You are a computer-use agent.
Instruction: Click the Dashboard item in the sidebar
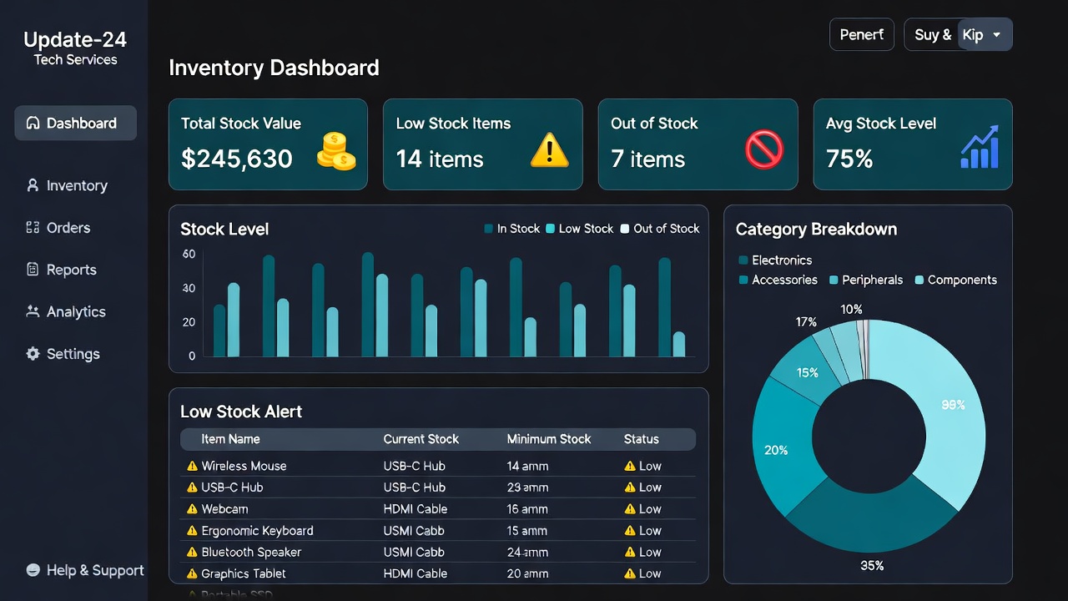click(x=75, y=123)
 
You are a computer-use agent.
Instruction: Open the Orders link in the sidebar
click(x=68, y=228)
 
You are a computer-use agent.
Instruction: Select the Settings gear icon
click(x=33, y=354)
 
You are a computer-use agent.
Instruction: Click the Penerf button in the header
click(x=861, y=35)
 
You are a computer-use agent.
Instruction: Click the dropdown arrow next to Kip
click(x=996, y=35)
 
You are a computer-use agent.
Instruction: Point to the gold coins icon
click(x=336, y=151)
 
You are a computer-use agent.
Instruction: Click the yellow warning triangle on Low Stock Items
click(x=549, y=151)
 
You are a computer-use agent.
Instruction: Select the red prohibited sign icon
click(x=763, y=151)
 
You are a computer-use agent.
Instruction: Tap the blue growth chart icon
click(x=980, y=149)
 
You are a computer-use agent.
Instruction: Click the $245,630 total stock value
click(x=237, y=159)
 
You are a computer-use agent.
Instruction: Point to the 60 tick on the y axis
click(x=189, y=255)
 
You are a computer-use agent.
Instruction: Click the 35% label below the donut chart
click(x=872, y=566)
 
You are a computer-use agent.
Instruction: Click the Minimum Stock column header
click(x=548, y=439)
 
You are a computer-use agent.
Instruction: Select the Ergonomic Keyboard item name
click(x=257, y=531)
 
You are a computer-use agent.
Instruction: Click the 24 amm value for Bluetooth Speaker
click(x=527, y=553)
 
